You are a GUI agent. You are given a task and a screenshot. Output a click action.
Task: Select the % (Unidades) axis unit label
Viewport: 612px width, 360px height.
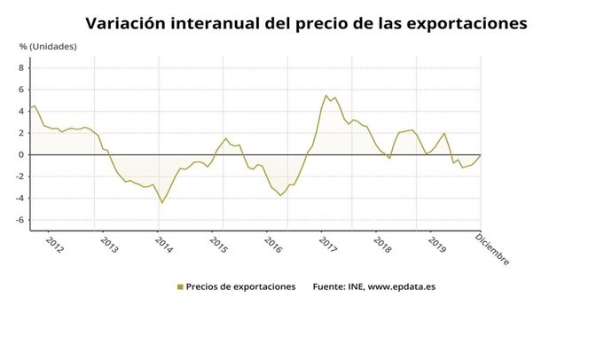49,46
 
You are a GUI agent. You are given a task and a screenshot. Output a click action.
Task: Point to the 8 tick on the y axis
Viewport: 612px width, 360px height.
22,67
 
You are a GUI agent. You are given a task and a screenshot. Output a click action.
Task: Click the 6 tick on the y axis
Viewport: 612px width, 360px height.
22,90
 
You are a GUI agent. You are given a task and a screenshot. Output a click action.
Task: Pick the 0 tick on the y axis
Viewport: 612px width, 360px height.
22,154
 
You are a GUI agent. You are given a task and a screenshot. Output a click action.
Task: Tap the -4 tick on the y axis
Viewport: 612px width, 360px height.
20,198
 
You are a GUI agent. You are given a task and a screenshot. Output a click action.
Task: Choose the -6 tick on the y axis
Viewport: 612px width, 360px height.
20,220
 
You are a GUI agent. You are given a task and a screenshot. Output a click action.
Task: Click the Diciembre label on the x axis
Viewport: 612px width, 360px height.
492,248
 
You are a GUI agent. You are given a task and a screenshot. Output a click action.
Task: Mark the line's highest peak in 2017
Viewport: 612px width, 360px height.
326,96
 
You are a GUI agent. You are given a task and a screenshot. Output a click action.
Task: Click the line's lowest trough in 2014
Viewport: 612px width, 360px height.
161,203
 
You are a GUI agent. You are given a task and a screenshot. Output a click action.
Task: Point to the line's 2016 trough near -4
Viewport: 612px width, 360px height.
280,195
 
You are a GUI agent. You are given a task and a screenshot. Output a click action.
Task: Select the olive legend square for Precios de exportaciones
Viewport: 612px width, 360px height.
180,287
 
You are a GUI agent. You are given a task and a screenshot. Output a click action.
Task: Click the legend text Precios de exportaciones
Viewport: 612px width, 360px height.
241,287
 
